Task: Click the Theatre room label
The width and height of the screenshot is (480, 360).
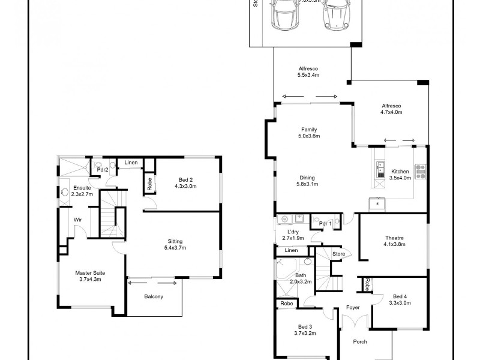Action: (x=395, y=241)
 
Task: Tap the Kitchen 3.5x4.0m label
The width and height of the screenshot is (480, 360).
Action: (x=399, y=175)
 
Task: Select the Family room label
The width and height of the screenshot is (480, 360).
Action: (x=309, y=133)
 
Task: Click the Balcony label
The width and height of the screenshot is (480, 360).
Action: (x=154, y=296)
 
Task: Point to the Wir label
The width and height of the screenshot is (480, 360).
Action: (x=77, y=220)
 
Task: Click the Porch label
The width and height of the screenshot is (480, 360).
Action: (x=360, y=342)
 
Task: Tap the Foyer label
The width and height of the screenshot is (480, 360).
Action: (x=353, y=308)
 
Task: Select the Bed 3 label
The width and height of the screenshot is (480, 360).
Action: (x=305, y=328)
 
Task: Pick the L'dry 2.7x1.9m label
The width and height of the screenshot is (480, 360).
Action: (x=293, y=235)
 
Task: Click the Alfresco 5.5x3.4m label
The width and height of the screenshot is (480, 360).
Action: (x=308, y=72)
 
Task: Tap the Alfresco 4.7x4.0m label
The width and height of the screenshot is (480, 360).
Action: (x=391, y=109)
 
